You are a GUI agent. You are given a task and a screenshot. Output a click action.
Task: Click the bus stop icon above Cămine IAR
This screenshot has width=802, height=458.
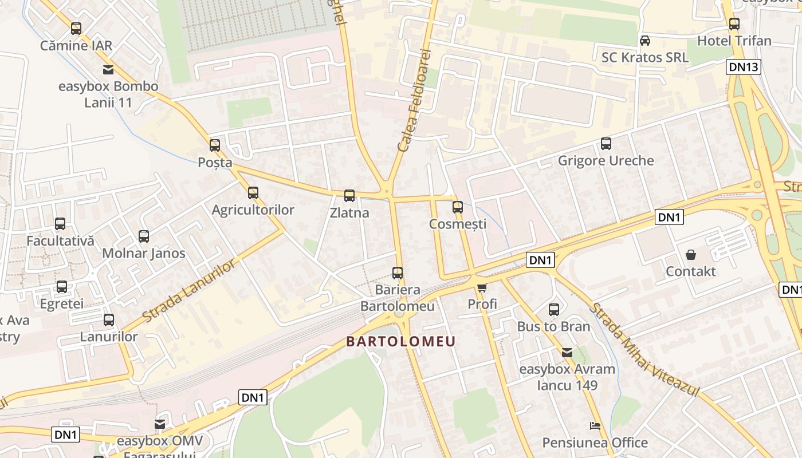76,28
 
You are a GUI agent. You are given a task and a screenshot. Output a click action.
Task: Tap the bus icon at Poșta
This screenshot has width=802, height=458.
215,145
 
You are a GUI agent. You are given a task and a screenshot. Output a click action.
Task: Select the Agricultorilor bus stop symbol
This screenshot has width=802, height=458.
253,193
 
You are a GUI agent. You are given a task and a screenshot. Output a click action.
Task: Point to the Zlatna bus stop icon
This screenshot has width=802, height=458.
349,196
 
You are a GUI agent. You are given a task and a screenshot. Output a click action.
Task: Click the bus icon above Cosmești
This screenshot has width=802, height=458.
457,207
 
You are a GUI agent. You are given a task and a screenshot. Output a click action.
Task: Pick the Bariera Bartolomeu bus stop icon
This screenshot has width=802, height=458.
398,273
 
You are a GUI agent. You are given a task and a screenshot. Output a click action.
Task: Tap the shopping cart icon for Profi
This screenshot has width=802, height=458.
482,287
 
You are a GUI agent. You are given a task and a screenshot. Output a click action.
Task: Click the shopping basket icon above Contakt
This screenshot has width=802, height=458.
691,254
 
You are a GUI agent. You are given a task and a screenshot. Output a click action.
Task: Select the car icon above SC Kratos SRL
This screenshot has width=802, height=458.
645,41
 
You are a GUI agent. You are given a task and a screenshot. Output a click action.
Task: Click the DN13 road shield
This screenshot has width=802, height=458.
744,66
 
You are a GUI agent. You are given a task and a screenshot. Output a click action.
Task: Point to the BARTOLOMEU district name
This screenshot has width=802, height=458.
401,342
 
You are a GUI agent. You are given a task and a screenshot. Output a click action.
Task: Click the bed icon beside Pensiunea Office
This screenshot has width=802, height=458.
595,426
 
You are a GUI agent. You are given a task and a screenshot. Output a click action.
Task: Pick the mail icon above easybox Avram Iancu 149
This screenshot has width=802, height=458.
567,353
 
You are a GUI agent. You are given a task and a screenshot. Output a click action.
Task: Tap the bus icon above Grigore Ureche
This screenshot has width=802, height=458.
606,144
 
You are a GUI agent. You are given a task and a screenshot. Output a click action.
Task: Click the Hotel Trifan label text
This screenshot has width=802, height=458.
734,41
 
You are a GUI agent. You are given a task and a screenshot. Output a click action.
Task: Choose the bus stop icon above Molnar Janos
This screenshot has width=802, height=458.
144,236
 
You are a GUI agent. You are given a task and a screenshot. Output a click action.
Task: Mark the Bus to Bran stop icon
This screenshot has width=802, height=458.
554,310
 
